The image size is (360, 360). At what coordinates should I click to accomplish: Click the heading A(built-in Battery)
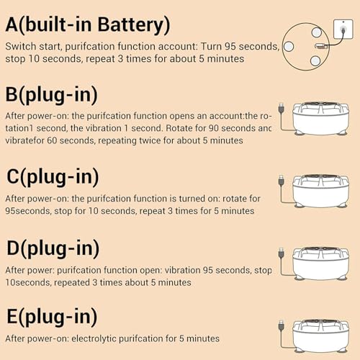click(x=88, y=25)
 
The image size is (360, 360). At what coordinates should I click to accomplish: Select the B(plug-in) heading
click(x=51, y=95)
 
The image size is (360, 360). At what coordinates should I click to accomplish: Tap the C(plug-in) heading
click(x=53, y=177)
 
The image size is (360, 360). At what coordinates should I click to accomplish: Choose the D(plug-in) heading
click(x=53, y=248)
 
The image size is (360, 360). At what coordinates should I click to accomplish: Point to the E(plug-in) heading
click(x=52, y=317)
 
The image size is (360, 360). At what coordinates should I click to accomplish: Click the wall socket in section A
click(x=343, y=29)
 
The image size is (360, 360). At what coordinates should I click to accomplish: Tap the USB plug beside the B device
click(x=282, y=108)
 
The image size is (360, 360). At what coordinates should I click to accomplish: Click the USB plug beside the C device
click(x=282, y=181)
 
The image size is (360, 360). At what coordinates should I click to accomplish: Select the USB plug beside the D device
click(x=282, y=253)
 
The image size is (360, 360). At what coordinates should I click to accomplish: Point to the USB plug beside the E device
click(x=282, y=325)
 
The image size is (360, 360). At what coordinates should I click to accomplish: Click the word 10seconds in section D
click(x=28, y=282)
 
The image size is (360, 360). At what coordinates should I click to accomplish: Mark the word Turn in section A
click(x=211, y=46)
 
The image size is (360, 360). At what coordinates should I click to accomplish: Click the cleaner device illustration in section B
click(x=321, y=119)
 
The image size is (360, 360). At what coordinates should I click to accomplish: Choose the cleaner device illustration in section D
click(x=321, y=264)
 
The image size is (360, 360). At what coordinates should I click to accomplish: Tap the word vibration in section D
click(x=182, y=270)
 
